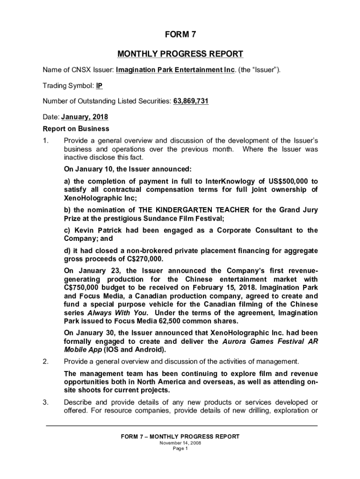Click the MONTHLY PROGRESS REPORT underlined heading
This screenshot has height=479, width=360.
coord(180,54)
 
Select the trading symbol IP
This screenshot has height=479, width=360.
coord(99,86)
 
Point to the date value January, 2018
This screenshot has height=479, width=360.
coord(88,117)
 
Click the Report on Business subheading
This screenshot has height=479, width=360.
coord(76,129)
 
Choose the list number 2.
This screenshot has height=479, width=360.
coord(45,361)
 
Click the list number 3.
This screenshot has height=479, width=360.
coord(45,403)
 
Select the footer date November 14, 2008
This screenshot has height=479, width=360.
coord(180,443)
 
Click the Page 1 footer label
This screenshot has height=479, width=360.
coord(180,449)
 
